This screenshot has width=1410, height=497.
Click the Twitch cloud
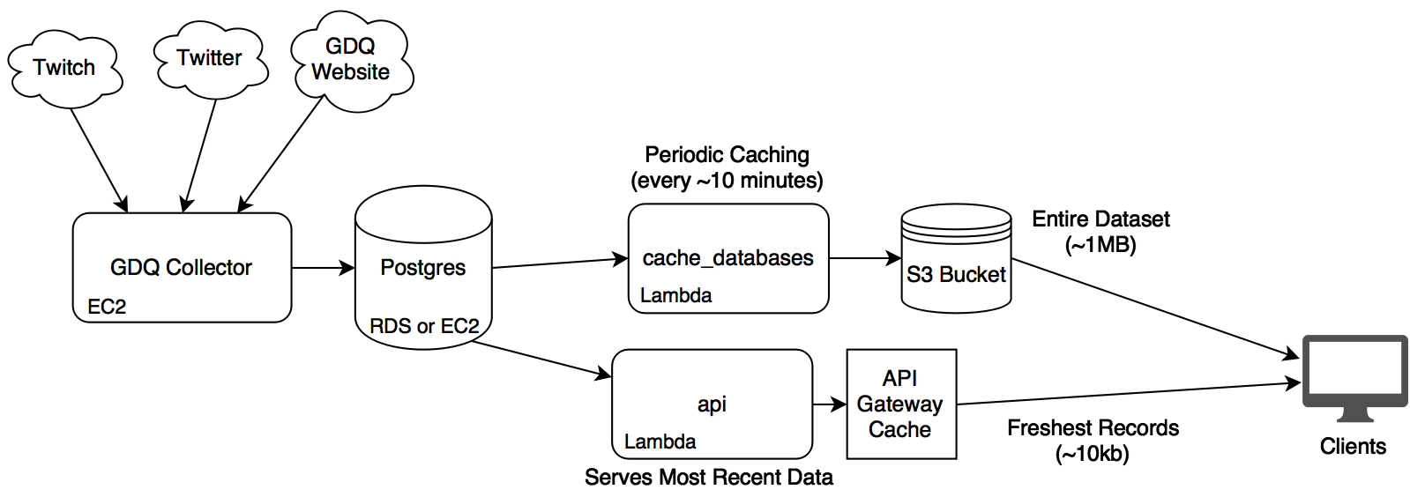pos(64,68)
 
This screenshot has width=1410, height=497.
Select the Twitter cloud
pos(209,58)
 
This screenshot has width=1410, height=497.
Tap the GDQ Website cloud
pos(351,60)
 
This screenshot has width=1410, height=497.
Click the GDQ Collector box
pos(182,267)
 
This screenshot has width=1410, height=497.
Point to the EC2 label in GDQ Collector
pos(107,307)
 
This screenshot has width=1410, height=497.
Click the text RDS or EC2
pos(424,326)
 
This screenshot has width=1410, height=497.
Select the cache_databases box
pos(728,258)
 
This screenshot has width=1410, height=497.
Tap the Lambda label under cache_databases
pos(676,295)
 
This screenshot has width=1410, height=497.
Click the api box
pos(712,404)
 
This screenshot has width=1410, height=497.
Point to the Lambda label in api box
pos(660,441)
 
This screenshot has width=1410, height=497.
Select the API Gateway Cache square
pos(900,404)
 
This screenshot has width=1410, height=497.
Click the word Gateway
pos(900,404)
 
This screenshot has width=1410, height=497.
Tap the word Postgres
pos(423,268)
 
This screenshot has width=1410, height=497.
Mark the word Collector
pos(208,267)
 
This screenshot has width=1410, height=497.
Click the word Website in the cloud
pos(351,72)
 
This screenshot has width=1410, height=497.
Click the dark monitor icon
pos(1355,374)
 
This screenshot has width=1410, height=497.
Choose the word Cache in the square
pos(900,430)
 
